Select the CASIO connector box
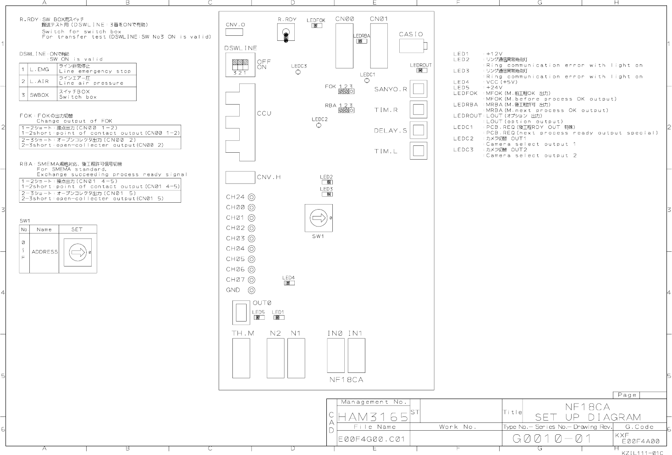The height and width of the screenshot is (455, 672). click(x=412, y=46)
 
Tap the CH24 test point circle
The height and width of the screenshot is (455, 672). click(x=251, y=197)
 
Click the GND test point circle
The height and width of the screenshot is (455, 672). click(x=251, y=290)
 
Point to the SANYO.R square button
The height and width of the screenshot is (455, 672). click(x=418, y=89)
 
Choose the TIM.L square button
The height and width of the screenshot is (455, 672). click(x=418, y=151)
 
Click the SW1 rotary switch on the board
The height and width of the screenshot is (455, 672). click(x=319, y=218)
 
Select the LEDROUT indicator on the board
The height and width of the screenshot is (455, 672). click(x=419, y=71)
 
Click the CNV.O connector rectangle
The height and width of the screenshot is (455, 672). click(x=234, y=32)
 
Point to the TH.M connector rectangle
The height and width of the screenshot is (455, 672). click(x=242, y=358)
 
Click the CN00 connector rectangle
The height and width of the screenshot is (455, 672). click(x=344, y=46)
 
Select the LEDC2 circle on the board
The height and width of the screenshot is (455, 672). click(x=319, y=125)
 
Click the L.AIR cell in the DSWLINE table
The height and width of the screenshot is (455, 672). click(x=39, y=81)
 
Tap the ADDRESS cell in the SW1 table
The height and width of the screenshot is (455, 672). click(x=44, y=252)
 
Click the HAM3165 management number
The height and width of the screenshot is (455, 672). click(x=372, y=417)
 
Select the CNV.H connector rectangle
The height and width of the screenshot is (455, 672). click(x=240, y=177)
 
